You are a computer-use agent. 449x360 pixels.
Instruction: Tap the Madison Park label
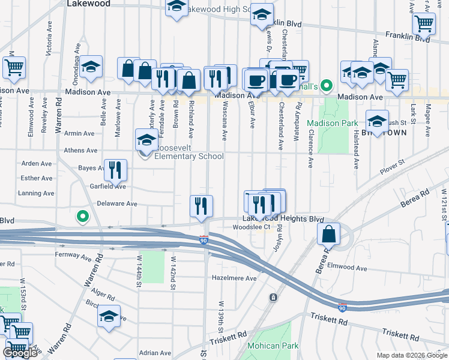[324, 124]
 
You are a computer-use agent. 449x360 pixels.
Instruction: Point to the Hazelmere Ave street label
[234, 278]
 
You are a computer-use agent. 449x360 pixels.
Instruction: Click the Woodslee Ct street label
[251, 227]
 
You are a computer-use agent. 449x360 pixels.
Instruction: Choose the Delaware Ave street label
[116, 204]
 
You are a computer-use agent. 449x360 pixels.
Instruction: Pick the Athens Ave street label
[80, 151]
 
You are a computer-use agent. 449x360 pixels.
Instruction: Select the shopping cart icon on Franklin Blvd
[424, 24]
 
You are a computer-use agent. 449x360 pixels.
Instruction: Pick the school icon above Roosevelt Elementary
[146, 140]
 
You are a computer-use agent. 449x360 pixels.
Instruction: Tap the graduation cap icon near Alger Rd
[109, 316]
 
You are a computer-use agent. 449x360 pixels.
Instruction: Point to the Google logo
[20, 353]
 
